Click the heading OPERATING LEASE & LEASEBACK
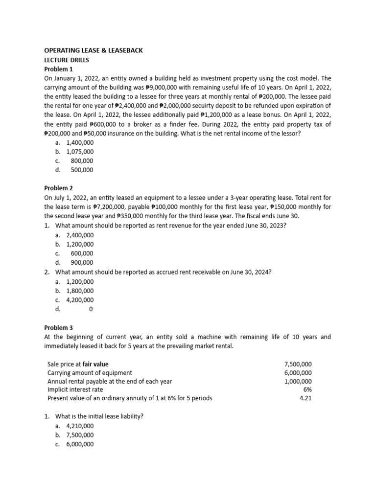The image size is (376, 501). click(94, 50)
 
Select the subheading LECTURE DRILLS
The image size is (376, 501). click(67, 60)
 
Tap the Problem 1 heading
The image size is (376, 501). click(58, 69)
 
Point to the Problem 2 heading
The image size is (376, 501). click(58, 188)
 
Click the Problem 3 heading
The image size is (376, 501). click(58, 328)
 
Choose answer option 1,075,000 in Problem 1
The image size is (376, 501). click(79, 152)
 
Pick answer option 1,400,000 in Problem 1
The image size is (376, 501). click(79, 142)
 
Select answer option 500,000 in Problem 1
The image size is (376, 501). click(82, 170)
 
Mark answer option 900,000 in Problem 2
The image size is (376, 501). click(82, 263)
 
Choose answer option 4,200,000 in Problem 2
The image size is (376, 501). click(79, 300)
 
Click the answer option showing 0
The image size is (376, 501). click(91, 309)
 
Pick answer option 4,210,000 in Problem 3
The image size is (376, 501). click(79, 426)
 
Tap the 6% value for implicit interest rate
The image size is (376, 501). click(307, 389)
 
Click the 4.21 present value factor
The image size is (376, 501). click(305, 398)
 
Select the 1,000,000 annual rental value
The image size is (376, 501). click(298, 381)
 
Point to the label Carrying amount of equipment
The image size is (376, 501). click(90, 373)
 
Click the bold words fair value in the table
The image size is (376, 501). click(95, 364)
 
